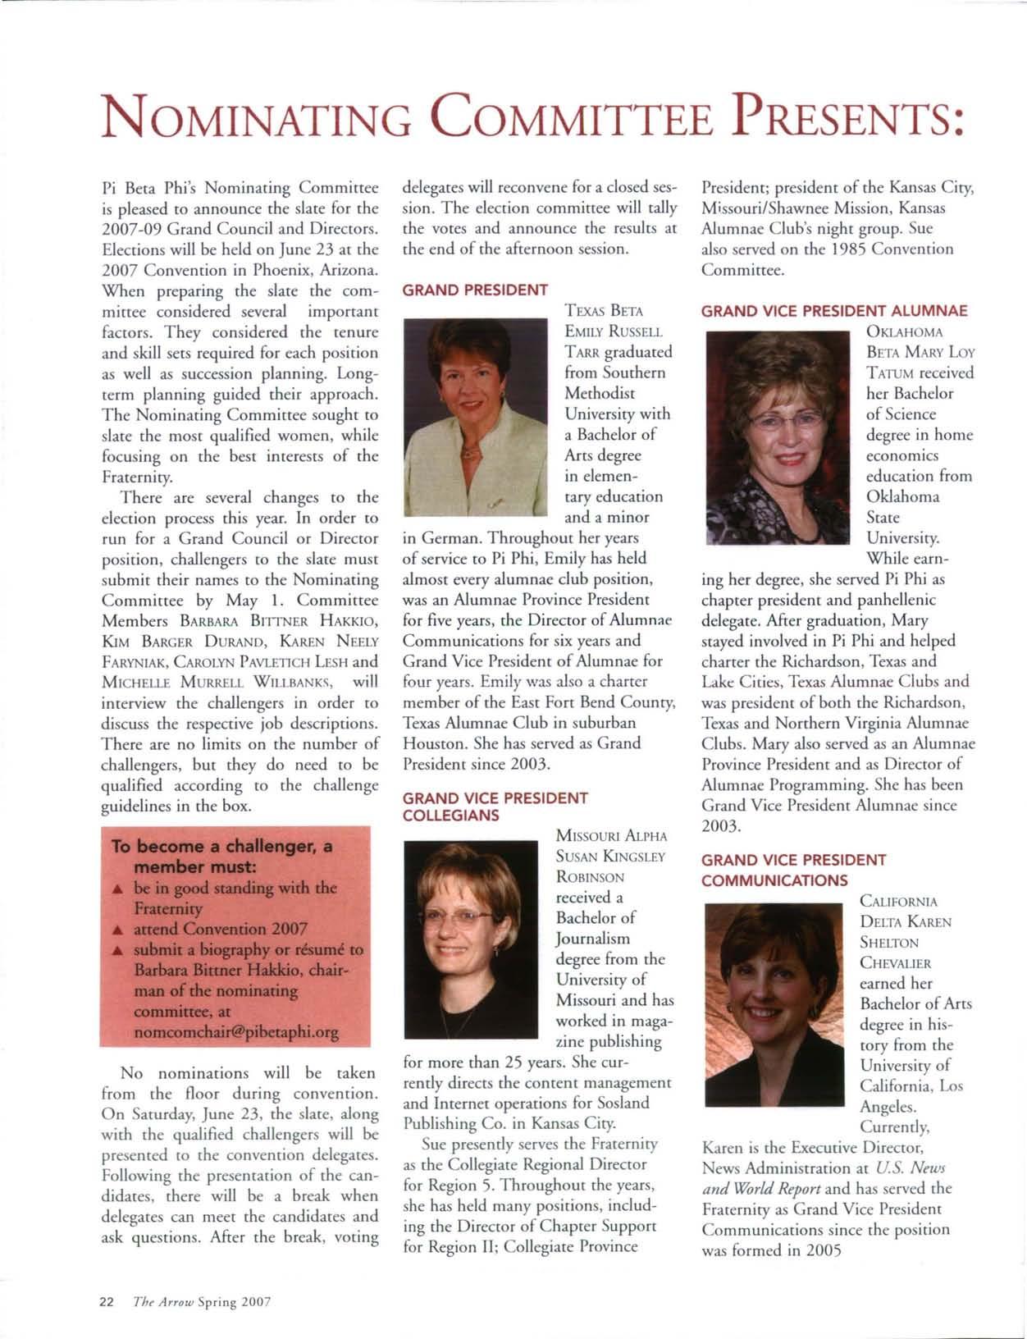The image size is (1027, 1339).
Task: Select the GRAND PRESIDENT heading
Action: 475,289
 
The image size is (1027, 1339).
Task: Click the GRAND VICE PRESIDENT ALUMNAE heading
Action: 834,310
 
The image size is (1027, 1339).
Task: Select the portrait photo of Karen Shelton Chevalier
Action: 775,1006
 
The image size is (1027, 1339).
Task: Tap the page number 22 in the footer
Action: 106,1301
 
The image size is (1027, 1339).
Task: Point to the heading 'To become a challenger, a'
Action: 222,847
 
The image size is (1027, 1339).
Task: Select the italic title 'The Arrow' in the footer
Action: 164,1301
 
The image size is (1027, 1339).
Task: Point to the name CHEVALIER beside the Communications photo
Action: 895,962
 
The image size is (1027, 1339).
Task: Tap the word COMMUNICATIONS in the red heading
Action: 774,880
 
